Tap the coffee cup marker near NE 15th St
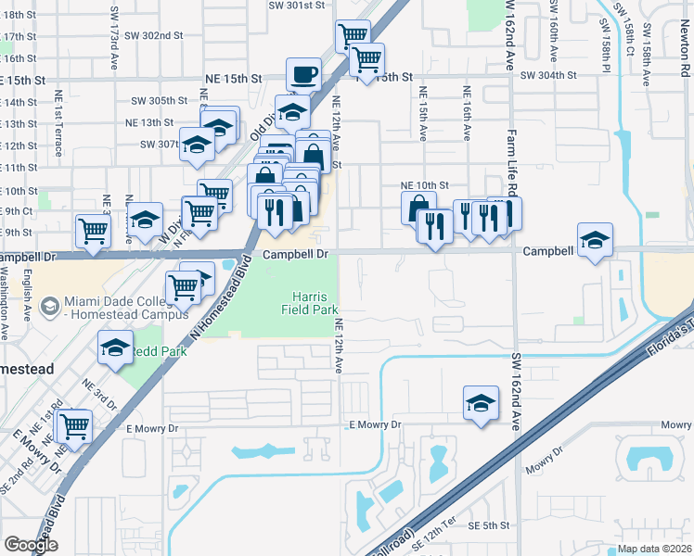[x=304, y=74]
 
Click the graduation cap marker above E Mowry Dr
[x=480, y=403]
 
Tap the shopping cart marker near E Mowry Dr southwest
[x=73, y=427]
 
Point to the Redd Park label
[x=158, y=351]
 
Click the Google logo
[x=31, y=545]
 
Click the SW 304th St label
[x=549, y=76]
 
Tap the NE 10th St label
[x=424, y=185]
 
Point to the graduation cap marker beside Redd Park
[x=115, y=348]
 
